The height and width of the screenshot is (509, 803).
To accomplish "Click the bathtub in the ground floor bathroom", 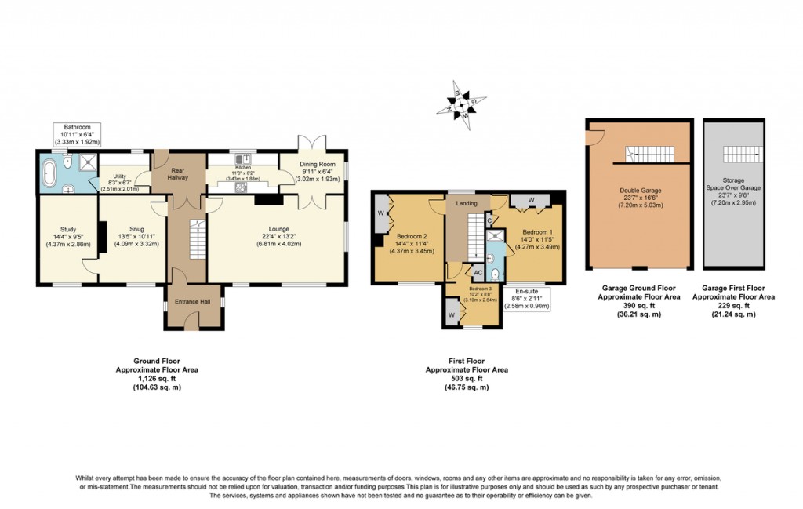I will (53, 173).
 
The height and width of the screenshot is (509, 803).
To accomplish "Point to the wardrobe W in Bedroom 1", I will (532, 199).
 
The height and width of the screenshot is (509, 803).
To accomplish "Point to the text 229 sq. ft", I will (734, 305).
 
